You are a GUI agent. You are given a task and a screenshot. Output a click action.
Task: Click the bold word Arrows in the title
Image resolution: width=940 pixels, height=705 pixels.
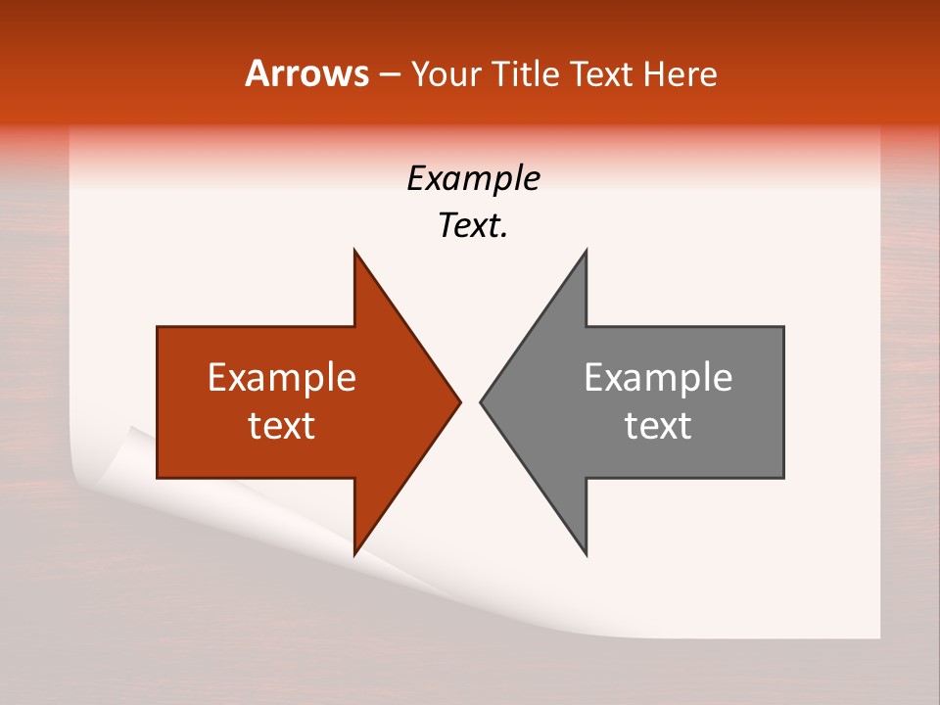(x=307, y=73)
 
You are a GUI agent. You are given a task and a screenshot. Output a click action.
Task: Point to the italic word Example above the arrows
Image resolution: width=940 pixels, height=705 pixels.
(x=473, y=179)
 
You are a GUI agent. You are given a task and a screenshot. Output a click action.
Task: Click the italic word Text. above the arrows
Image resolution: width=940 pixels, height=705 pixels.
(x=473, y=226)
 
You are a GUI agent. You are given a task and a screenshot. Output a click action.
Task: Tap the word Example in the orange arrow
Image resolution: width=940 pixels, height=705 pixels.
(x=282, y=378)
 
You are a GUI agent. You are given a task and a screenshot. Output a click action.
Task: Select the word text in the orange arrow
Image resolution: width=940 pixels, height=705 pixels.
(x=282, y=426)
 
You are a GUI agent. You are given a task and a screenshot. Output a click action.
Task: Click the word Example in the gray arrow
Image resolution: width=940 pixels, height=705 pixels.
(x=658, y=378)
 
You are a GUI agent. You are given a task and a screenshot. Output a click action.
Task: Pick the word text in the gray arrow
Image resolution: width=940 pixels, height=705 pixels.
(x=658, y=426)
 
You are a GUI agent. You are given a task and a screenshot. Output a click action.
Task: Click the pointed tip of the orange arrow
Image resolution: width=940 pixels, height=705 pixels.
(x=460, y=401)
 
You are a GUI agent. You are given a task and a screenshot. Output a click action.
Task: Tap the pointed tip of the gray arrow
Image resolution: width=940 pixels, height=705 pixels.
(x=481, y=401)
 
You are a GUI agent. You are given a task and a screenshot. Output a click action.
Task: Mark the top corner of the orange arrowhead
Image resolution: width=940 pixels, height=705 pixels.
(x=354, y=251)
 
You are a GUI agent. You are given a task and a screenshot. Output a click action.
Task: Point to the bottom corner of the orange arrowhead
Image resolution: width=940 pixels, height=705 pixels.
(x=354, y=554)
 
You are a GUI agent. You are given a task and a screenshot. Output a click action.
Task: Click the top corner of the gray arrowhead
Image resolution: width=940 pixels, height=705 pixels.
(x=587, y=251)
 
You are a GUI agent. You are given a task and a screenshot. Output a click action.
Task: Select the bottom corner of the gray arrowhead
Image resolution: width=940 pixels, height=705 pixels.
(x=587, y=554)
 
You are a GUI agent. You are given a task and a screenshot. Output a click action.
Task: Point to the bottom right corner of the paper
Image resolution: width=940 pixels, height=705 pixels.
(x=878, y=636)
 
